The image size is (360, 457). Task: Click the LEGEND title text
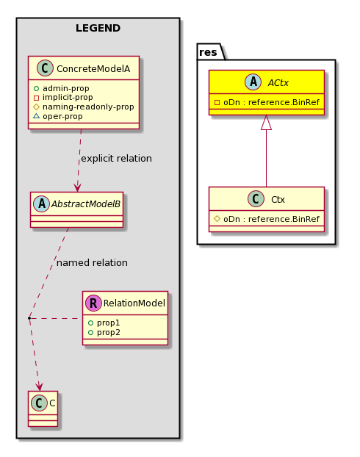pos(98,28)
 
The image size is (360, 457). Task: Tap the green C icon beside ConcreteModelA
pos(45,68)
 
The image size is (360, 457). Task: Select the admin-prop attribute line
pos(62,88)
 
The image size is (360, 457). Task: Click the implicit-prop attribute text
pos(68,97)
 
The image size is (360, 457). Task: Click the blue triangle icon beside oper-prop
pos(36,116)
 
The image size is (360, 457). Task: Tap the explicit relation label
pos(116,159)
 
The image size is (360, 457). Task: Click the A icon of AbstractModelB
pos(41,204)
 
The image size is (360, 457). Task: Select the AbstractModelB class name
pos(86,204)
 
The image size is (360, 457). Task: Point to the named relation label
pos(92,263)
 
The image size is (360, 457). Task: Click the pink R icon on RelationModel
pos(93,303)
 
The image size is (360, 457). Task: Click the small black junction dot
pos(29,318)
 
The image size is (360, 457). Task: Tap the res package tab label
pos(208,52)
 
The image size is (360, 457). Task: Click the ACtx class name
pos(278,83)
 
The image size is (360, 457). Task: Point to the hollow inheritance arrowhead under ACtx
pos(266,123)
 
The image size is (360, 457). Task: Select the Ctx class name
pos(278,200)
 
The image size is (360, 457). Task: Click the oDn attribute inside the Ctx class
pos(267,219)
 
